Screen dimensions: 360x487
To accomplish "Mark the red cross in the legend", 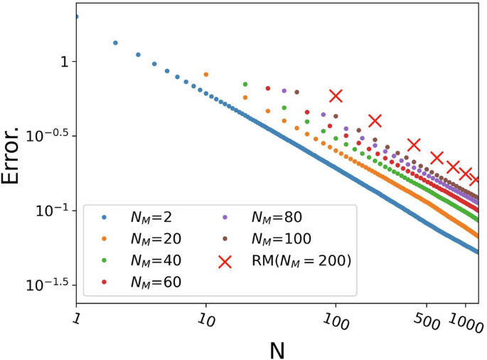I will coord(225,261).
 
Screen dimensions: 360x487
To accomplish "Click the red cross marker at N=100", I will coord(336,95).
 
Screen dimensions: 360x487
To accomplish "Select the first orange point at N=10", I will coord(206,74).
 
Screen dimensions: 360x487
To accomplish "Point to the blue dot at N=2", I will coord(115,43).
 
